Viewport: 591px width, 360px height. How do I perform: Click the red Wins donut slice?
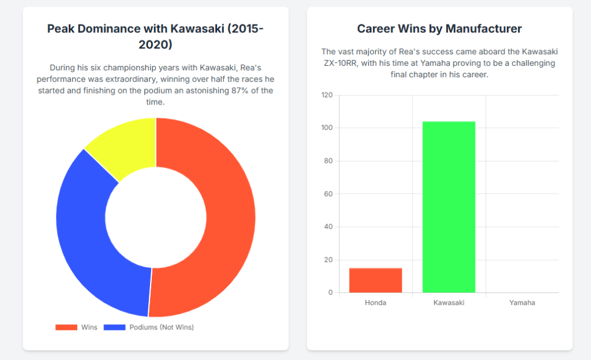click(228, 219)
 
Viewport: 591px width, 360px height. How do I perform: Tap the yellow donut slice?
click(124, 144)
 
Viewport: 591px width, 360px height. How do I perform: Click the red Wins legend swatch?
click(66, 328)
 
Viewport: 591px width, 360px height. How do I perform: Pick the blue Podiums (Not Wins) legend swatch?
click(115, 328)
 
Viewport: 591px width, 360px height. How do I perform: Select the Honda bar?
click(376, 280)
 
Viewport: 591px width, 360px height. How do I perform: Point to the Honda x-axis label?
click(376, 303)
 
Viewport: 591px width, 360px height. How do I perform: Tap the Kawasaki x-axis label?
click(449, 303)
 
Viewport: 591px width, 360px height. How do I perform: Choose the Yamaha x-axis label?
click(522, 303)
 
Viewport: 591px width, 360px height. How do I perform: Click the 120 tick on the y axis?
click(327, 95)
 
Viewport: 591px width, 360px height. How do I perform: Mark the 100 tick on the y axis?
click(327, 128)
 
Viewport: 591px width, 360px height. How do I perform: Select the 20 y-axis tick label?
click(329, 260)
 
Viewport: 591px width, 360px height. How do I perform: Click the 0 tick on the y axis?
click(331, 292)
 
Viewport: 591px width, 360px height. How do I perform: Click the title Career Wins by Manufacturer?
click(439, 29)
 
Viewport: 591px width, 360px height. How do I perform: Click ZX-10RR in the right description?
click(344, 63)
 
